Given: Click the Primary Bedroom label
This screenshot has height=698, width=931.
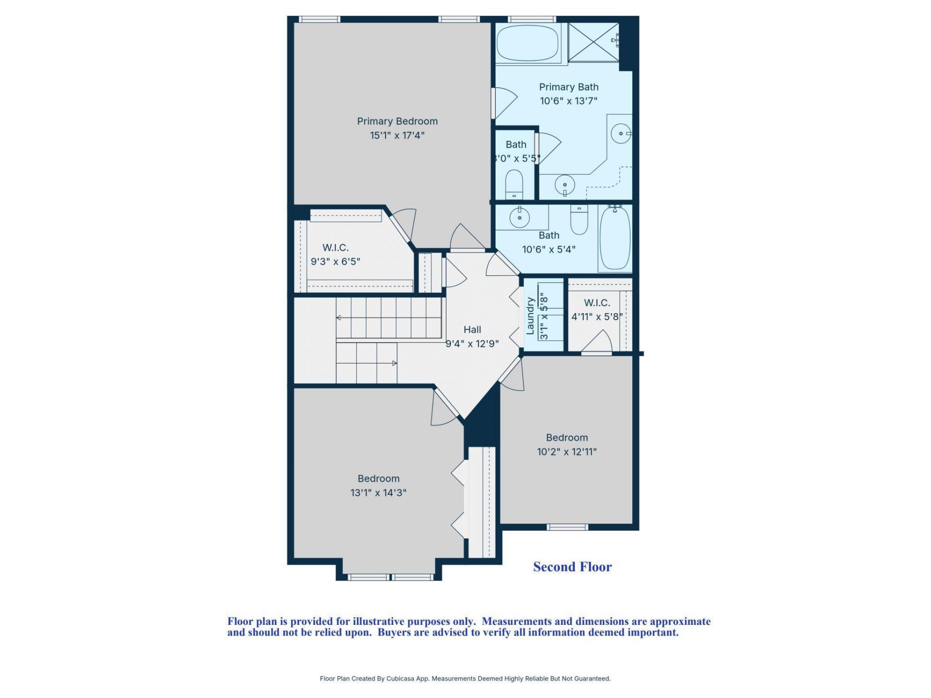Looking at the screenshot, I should click(x=397, y=121).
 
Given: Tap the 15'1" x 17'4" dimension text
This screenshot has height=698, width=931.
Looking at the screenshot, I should click(x=397, y=135).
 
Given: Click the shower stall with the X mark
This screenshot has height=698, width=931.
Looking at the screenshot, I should click(x=593, y=42).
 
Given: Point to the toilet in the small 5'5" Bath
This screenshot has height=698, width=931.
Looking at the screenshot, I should click(x=514, y=184).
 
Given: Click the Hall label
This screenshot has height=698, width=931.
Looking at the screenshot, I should click(x=472, y=330).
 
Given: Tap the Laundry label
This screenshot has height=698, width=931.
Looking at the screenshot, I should click(x=530, y=316).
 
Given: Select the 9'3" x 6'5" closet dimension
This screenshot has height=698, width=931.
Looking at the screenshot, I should click(x=335, y=262).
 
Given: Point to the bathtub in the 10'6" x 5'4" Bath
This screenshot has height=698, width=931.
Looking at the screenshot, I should click(x=615, y=238).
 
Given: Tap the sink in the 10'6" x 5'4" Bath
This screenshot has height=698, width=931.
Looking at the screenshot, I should click(x=520, y=217).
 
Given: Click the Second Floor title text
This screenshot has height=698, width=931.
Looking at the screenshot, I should click(x=572, y=567).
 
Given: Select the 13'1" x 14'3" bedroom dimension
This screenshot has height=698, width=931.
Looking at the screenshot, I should click(x=378, y=493).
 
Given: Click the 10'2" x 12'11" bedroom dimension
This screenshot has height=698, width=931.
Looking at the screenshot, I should click(x=566, y=452).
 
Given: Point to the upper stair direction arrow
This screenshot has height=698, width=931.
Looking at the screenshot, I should click(x=339, y=318).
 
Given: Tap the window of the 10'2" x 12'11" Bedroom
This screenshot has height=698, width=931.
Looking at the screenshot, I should click(x=567, y=527).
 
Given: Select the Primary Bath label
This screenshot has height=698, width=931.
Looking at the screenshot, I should click(x=568, y=87).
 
